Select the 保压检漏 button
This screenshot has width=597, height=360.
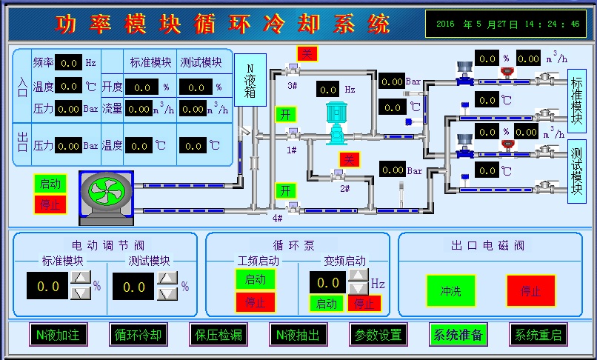(x=216, y=335)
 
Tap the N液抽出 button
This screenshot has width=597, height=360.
(x=297, y=335)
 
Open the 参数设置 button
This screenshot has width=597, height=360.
(x=378, y=335)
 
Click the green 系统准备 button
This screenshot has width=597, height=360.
(x=458, y=335)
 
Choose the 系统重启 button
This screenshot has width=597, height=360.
(x=538, y=335)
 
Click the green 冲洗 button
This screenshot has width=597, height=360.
(x=450, y=290)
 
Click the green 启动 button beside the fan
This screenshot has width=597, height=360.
(x=50, y=184)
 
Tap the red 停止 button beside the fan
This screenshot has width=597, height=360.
(x=50, y=204)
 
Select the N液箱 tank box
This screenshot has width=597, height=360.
(x=250, y=81)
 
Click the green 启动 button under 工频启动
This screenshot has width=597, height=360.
(x=255, y=280)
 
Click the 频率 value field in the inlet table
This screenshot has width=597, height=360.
(x=70, y=63)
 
